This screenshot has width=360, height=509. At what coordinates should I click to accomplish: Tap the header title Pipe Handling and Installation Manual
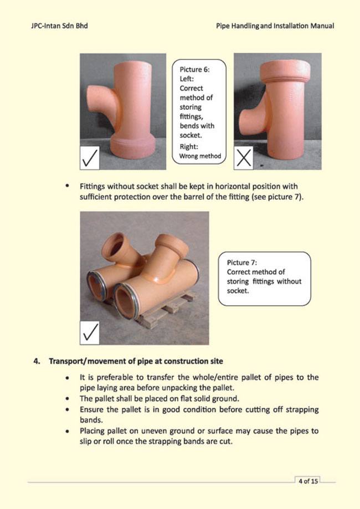click(275, 26)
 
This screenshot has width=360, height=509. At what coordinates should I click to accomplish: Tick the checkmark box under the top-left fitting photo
click(91, 158)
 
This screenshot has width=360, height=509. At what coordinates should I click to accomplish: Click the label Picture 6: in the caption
click(195, 70)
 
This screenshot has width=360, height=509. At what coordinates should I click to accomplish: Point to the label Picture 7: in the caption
click(242, 263)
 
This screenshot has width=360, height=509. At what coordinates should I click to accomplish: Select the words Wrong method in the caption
click(199, 156)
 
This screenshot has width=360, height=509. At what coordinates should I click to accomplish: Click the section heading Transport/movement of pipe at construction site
click(136, 362)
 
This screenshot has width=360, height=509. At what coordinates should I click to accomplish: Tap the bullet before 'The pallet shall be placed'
click(67, 398)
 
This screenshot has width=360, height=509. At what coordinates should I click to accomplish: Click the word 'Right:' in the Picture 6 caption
click(189, 147)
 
